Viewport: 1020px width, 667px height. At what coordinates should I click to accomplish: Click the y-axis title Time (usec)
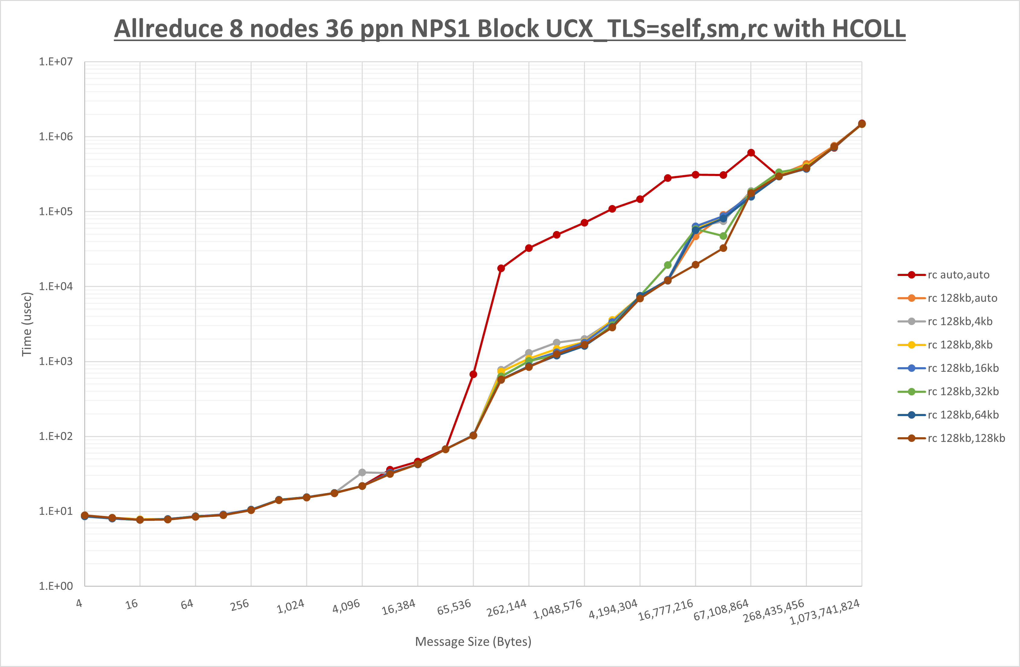(27, 324)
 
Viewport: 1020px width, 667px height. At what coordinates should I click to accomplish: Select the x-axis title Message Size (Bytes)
(473, 641)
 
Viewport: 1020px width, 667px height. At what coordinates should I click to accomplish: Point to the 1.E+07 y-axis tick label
(56, 62)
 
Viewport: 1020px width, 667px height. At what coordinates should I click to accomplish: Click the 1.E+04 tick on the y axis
(56, 286)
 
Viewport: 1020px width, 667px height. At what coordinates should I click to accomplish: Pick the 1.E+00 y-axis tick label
(56, 586)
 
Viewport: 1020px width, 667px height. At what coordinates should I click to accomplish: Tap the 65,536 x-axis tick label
(454, 607)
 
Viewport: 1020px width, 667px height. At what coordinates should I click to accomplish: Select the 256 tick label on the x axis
(239, 605)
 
